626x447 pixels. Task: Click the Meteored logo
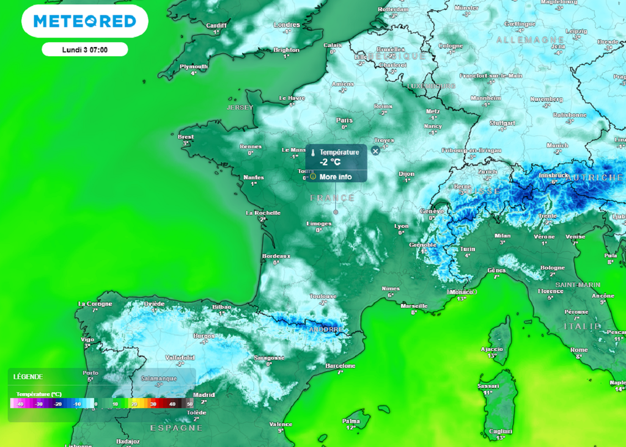pos(84,21)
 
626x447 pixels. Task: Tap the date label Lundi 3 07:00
pos(85,49)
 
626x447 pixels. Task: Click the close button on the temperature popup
pos(375,151)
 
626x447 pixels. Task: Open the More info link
pos(336,176)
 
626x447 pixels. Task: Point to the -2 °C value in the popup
pos(330,162)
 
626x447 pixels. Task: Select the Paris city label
pos(344,120)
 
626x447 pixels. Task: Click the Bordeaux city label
pos(275,255)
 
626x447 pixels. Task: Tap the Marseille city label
pos(413,305)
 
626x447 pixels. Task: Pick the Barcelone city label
pos(341,365)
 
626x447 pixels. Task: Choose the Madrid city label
pos(204,394)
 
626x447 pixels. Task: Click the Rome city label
pos(578,350)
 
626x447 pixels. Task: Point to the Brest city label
pos(186,137)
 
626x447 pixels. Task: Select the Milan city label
pos(502,235)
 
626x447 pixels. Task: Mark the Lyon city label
pos(401,225)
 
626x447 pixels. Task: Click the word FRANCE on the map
pos(332,198)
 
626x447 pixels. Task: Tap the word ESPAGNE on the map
pos(176,428)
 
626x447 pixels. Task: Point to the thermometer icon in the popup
pos(312,153)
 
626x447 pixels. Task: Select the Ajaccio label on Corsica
pos(493,349)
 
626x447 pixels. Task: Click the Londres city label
pos(287,25)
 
